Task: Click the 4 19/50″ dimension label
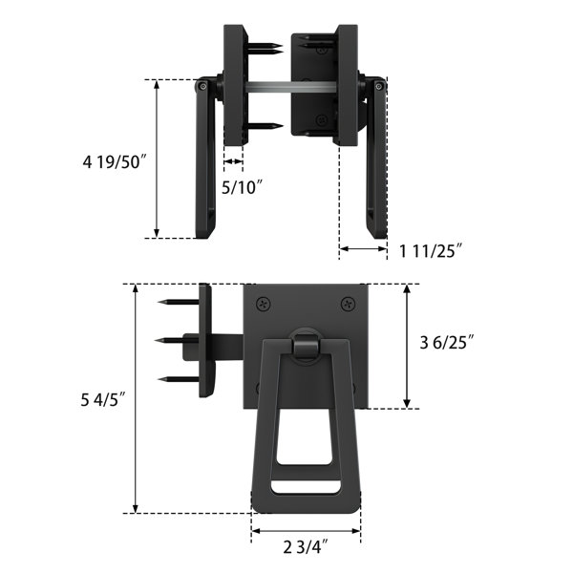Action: coord(114,163)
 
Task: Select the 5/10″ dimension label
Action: coord(242,187)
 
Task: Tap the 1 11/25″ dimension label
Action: coord(431,251)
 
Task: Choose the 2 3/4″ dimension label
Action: coord(306,546)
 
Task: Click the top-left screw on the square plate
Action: coord(263,304)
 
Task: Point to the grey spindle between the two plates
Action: coord(286,88)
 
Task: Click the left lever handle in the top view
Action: coord(207,158)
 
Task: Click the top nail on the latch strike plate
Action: coord(176,302)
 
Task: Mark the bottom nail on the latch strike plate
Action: coord(176,377)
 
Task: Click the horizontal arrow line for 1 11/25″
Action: coord(364,249)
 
